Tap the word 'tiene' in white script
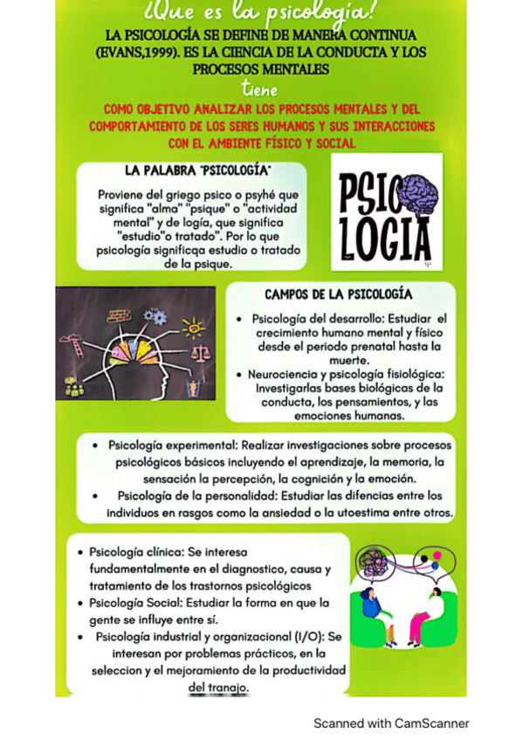pos(261,89)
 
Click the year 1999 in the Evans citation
pos(155,52)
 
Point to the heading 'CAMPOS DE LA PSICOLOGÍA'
pos(339,294)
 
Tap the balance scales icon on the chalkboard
pos(200,357)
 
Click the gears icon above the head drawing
pos(155,316)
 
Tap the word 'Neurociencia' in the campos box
pos(285,374)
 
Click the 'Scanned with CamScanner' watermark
pos(391,723)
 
